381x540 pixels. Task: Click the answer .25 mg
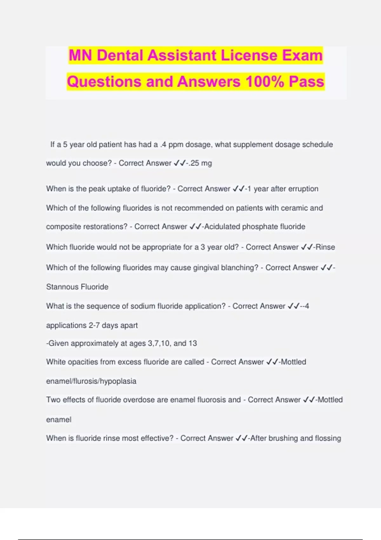200,163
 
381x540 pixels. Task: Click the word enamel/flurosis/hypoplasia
91,381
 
